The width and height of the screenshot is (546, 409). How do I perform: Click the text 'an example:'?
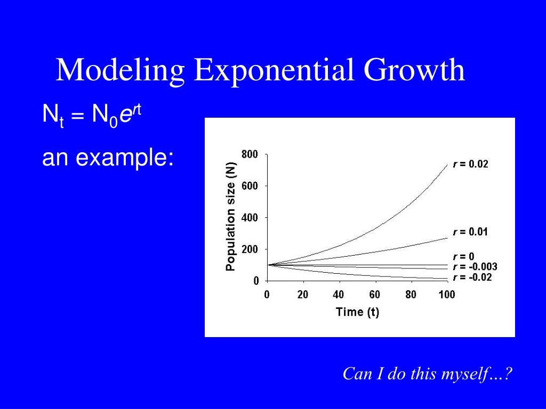[108, 158]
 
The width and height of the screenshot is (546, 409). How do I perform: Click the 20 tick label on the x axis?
[303, 295]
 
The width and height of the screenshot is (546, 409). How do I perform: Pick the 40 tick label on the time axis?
[339, 295]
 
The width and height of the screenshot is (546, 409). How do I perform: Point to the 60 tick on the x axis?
[374, 295]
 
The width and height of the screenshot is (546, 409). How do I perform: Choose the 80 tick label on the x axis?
[411, 295]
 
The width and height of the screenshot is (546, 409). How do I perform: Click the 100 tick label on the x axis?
[446, 295]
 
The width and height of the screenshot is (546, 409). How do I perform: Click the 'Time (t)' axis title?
[357, 312]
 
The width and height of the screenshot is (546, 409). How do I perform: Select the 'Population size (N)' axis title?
[231, 217]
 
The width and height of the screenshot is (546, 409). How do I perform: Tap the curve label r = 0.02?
[470, 164]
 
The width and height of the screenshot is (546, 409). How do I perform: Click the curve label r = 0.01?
[470, 232]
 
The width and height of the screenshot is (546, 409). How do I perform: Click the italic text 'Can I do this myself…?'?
[427, 374]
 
